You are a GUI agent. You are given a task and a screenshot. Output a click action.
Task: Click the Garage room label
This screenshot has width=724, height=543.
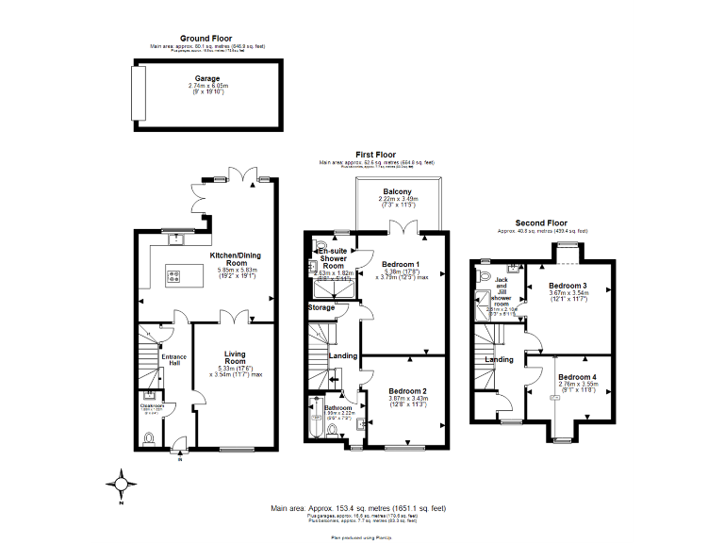pos(207,79)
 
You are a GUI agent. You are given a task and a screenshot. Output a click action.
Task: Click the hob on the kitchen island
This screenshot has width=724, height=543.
pos(174,276)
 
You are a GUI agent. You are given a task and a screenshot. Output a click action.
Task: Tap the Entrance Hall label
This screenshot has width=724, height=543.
pos(174,361)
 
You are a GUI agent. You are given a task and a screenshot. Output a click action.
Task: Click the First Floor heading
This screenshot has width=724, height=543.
pos(375,155)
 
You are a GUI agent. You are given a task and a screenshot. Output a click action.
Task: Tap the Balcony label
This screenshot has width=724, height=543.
pos(396,191)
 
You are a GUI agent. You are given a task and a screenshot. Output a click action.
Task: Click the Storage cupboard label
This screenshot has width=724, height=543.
pos(321,307)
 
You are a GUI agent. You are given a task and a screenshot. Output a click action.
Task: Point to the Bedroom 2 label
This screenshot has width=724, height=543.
pos(406,390)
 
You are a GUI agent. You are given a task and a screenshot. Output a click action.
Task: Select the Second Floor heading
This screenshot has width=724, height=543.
pos(541,223)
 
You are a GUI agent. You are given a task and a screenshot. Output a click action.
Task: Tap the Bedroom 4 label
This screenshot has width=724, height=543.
pos(577,377)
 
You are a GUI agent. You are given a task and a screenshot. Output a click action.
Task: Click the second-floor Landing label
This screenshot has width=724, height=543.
pos(499,359)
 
